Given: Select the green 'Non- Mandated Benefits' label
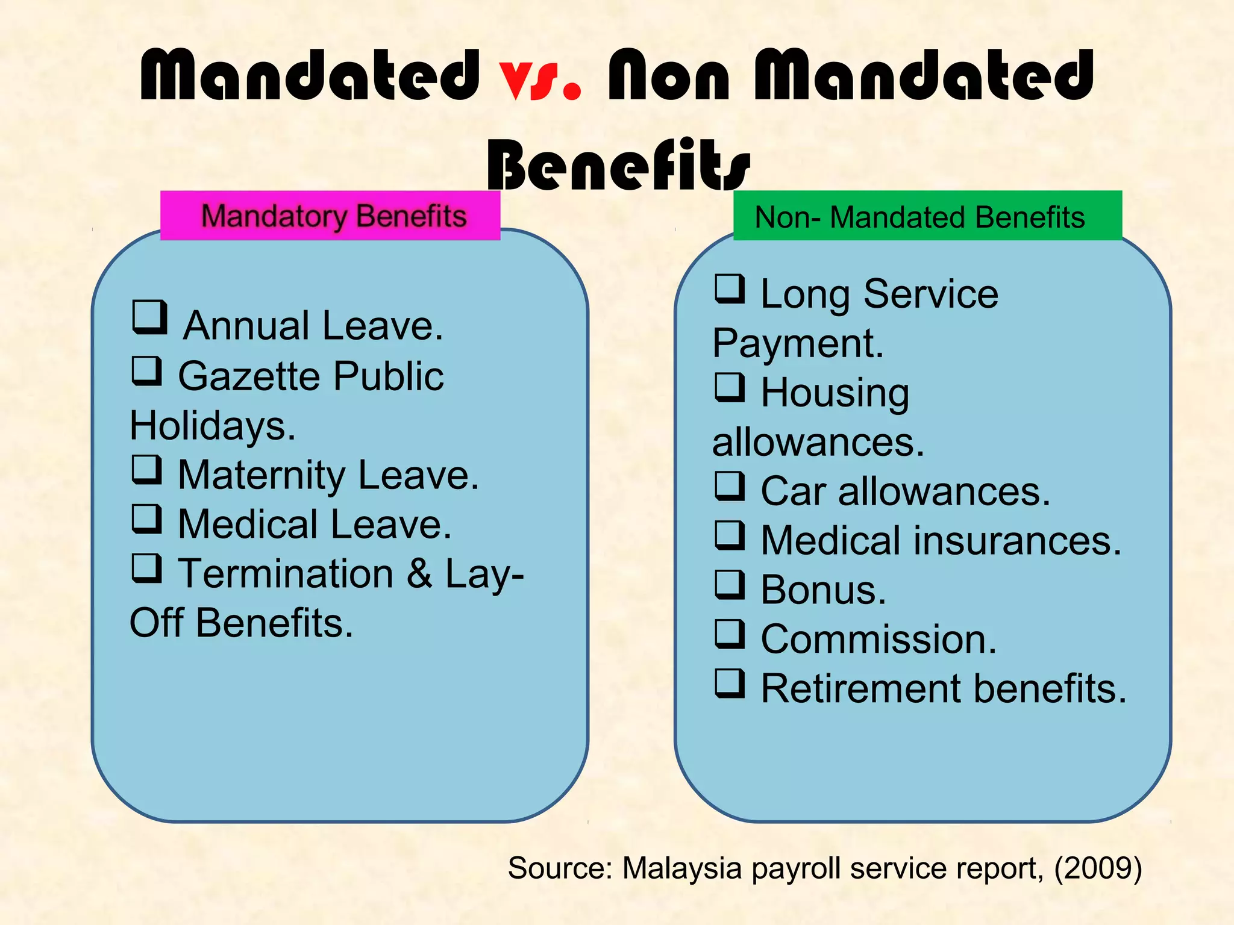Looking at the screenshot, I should (927, 217).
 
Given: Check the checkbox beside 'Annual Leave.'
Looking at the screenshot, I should (149, 317).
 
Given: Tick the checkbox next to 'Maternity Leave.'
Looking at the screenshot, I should (147, 470).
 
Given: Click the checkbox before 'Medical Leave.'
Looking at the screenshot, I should (147, 519).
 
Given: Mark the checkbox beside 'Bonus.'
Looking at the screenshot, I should (730, 585).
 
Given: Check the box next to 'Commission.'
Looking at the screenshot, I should (730, 634).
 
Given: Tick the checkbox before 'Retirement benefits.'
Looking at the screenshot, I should (730, 684).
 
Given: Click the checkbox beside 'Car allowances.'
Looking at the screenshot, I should (730, 487).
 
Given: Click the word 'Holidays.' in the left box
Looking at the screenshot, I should (213, 426).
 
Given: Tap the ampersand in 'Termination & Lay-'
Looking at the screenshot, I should (419, 573).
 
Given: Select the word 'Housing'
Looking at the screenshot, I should (835, 393).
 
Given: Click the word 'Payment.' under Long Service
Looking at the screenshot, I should (798, 344).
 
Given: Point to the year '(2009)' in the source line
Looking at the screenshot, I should (1098, 868).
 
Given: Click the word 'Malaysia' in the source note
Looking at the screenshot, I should (681, 868).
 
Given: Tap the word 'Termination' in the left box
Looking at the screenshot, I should (286, 573).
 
